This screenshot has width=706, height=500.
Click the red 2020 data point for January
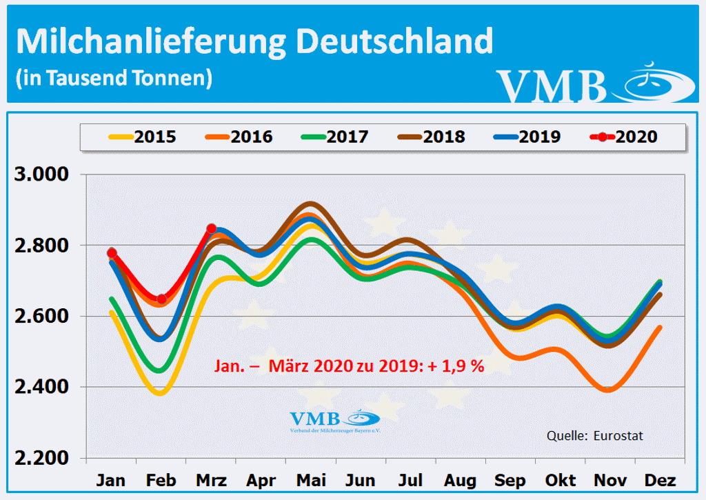(x=112, y=253)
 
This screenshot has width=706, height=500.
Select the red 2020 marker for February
(x=161, y=299)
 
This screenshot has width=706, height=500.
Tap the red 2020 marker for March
(x=212, y=228)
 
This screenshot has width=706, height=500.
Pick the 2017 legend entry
(x=335, y=137)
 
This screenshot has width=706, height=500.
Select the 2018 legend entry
(x=432, y=137)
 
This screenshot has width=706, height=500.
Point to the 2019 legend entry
(x=527, y=137)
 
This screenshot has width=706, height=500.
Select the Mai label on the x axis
(x=312, y=480)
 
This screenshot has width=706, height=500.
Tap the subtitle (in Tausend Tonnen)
(x=113, y=77)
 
